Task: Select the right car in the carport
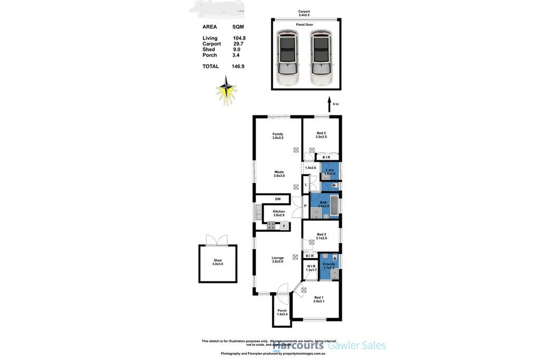(x=321, y=57)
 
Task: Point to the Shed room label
(x=217, y=262)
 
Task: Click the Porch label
(x=282, y=312)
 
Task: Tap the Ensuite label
(x=329, y=265)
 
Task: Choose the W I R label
(x=312, y=267)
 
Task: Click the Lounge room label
(x=278, y=259)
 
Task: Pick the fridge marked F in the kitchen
(x=284, y=226)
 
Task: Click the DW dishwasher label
(x=277, y=199)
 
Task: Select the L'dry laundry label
(x=330, y=171)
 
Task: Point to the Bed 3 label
(x=321, y=134)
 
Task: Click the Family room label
(x=277, y=135)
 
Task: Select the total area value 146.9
(x=238, y=66)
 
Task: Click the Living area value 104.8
(x=239, y=38)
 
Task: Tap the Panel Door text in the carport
(x=304, y=25)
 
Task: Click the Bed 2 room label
(x=321, y=236)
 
